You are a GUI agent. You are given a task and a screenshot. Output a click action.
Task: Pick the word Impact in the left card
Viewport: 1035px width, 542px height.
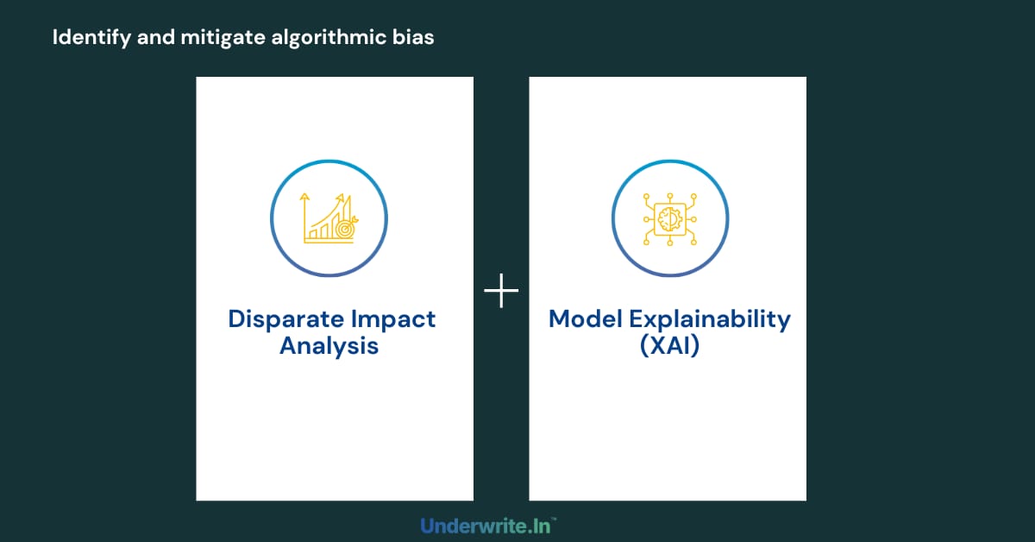393,318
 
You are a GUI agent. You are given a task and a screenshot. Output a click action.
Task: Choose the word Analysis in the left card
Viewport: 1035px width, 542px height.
329,347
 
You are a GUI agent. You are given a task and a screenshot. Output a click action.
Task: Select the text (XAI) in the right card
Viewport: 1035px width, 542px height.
669,347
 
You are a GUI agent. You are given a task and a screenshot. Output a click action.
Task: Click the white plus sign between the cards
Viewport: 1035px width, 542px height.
501,293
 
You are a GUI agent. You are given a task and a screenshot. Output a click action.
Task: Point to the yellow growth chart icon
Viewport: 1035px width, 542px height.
329,217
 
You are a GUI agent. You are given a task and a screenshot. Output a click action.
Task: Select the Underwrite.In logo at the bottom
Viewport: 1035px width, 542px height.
488,525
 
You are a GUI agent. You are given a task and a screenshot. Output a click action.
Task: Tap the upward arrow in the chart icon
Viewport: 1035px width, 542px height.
304,200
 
